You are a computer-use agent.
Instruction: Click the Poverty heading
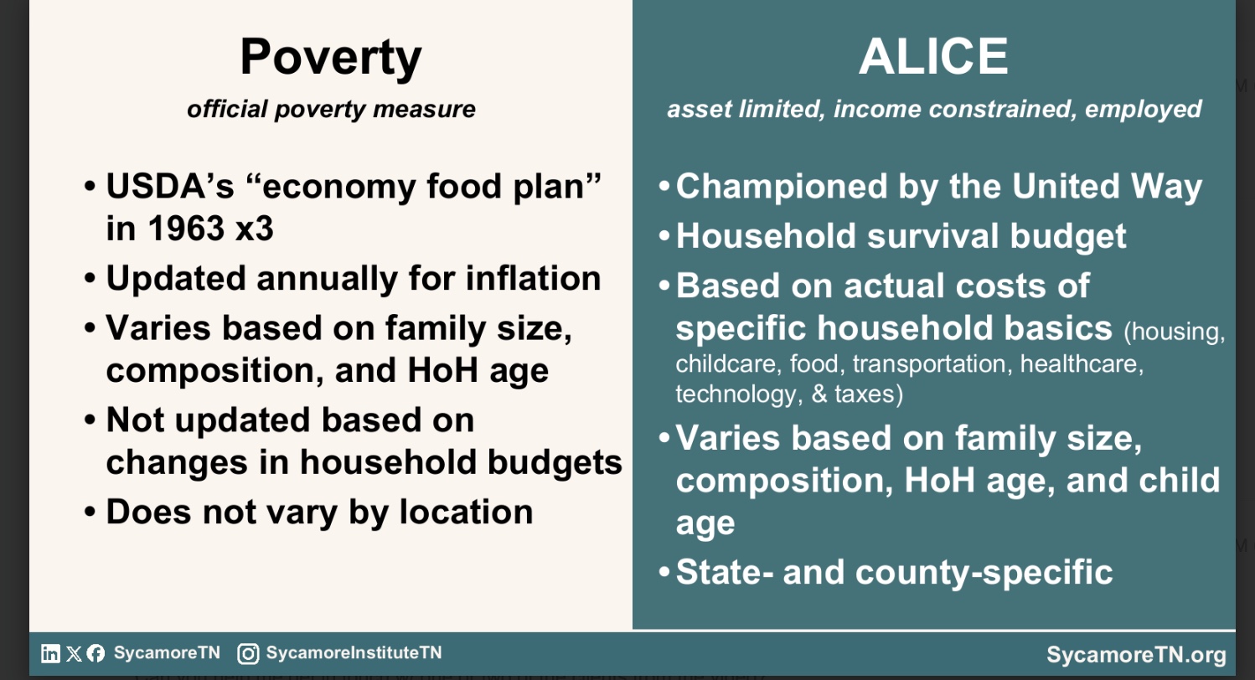tap(331, 59)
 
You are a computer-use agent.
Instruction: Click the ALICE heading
tap(933, 57)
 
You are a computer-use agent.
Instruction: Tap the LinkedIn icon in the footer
tap(50, 653)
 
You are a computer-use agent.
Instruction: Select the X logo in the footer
tap(74, 654)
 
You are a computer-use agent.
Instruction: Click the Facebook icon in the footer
tap(96, 654)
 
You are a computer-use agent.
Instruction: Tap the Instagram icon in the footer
tap(248, 654)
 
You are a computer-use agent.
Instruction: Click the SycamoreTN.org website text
tap(1136, 655)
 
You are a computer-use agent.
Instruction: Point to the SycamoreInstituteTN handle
tap(354, 652)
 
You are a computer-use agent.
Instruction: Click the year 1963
tap(186, 229)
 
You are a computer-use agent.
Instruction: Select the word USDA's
tap(170, 186)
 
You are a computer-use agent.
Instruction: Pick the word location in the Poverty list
tap(466, 512)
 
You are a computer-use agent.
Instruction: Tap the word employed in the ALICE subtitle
tap(1143, 110)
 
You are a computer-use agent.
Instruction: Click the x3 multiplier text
tap(255, 229)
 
